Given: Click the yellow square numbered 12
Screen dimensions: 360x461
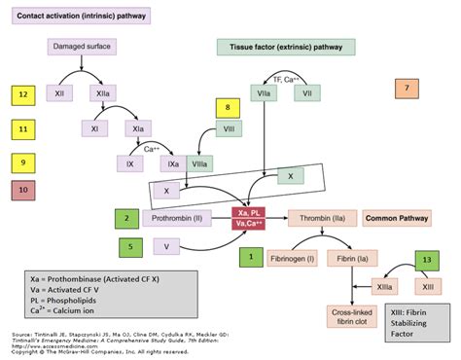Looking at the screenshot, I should pyautogui.click(x=22, y=94).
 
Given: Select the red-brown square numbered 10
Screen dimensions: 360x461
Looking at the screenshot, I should pyautogui.click(x=22, y=193).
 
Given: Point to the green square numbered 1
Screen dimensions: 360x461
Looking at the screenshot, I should pyautogui.click(x=251, y=256).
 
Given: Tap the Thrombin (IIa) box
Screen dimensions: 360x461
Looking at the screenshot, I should pyautogui.click(x=320, y=219).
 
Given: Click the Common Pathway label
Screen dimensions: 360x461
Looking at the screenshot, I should pyautogui.click(x=395, y=219).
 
